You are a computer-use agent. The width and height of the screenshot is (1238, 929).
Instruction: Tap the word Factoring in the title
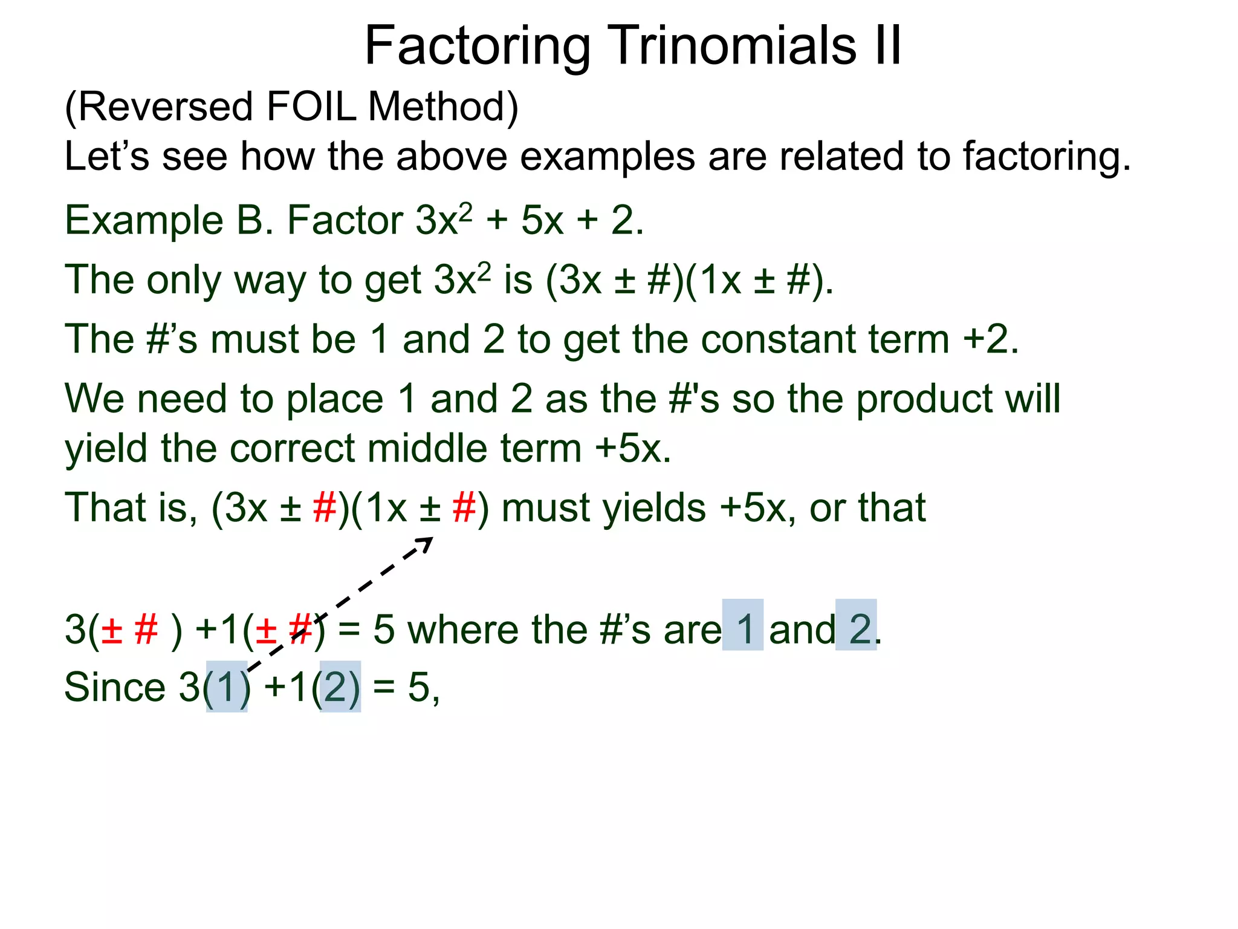coord(478,47)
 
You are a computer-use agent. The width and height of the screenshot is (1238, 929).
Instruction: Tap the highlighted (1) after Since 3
coord(227,687)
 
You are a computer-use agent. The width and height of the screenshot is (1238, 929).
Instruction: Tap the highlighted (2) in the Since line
coord(340,687)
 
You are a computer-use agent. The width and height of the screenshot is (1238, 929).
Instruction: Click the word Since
coord(115,688)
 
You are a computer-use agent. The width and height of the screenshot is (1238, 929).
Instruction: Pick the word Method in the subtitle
coord(443,106)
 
